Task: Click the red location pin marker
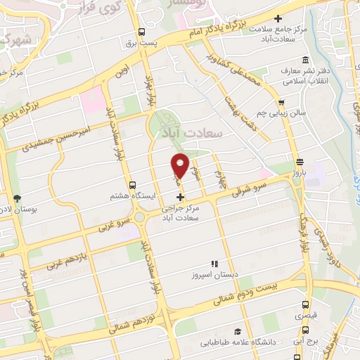181,165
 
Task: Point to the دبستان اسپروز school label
212,274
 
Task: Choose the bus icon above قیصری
305,304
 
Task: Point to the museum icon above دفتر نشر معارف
304,60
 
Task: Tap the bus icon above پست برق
142,32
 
